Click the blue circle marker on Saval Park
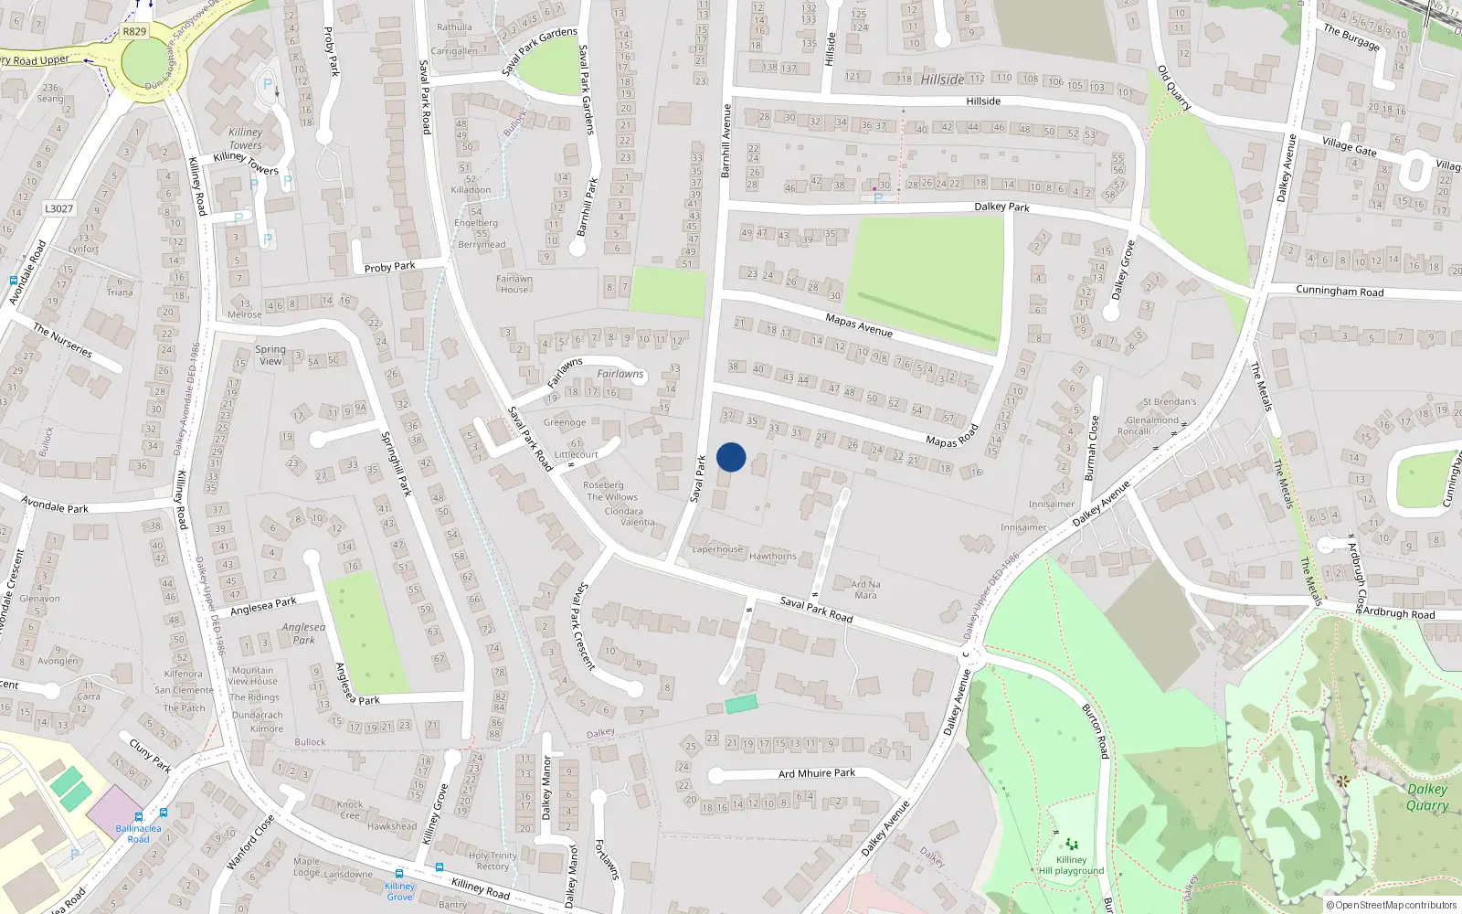731,457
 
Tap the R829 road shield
134,31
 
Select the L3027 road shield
58,208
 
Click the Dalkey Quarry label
1426,796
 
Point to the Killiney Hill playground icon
1071,844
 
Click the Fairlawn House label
514,284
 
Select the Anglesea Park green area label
303,633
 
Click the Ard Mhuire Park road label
817,773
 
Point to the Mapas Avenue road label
858,324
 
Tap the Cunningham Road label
1340,292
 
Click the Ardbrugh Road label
1398,613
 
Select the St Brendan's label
1169,402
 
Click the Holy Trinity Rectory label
493,861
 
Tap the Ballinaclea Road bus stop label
138,834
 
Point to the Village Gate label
1349,145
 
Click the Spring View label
270,355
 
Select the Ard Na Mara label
865,590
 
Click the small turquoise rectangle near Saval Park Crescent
741,704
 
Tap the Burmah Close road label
1092,448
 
